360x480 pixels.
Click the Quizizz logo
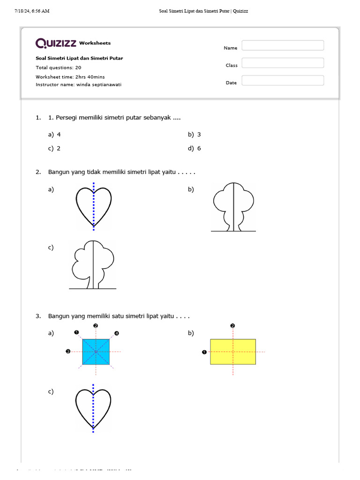click(x=56, y=43)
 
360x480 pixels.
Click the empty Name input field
click(x=283, y=45)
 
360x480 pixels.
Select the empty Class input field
click(x=283, y=63)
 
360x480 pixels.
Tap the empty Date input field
click(x=283, y=81)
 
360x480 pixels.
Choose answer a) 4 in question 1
click(x=55, y=135)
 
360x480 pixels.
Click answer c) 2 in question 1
click(x=55, y=149)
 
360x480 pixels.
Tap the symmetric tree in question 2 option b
click(x=233, y=206)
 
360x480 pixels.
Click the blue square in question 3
click(x=96, y=352)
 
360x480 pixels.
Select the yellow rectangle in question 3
click(x=232, y=352)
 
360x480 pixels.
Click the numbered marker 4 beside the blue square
click(x=116, y=333)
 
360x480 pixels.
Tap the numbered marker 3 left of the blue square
click(x=68, y=352)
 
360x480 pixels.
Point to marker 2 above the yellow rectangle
click(x=232, y=326)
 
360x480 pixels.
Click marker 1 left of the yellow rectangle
click(x=204, y=352)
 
